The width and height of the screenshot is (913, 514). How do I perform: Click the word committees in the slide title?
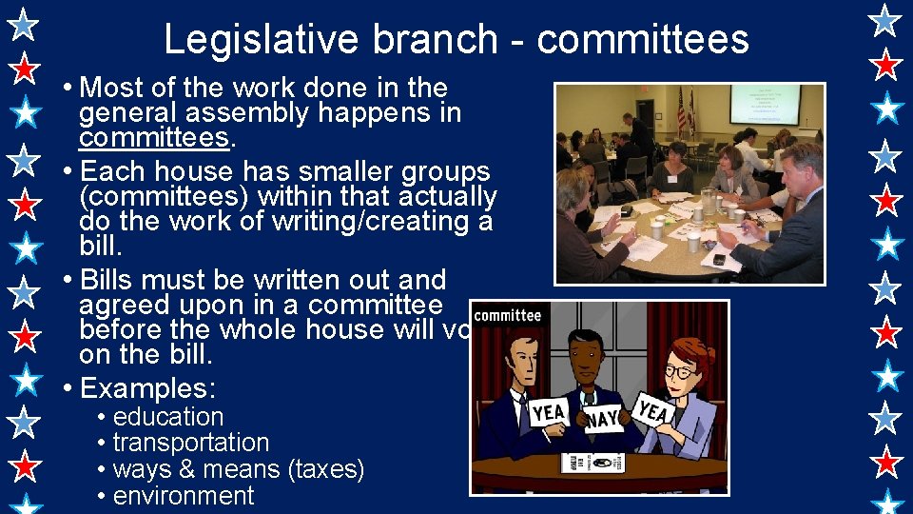click(x=643, y=40)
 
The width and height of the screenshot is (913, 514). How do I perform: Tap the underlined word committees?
click(x=154, y=138)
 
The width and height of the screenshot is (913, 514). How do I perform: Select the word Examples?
click(x=147, y=388)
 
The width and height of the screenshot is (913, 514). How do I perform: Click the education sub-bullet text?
click(x=168, y=417)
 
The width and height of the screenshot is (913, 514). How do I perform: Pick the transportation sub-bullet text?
click(x=191, y=443)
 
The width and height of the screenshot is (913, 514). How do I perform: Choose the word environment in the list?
click(x=184, y=496)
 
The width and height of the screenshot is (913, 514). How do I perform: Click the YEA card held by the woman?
click(x=654, y=411)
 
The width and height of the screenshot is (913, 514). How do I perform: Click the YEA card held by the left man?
click(x=550, y=411)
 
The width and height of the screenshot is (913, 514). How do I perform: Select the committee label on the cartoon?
click(x=507, y=316)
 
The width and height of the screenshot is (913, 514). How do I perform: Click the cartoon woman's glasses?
click(x=679, y=370)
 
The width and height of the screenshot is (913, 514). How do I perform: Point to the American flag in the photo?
click(x=681, y=109)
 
